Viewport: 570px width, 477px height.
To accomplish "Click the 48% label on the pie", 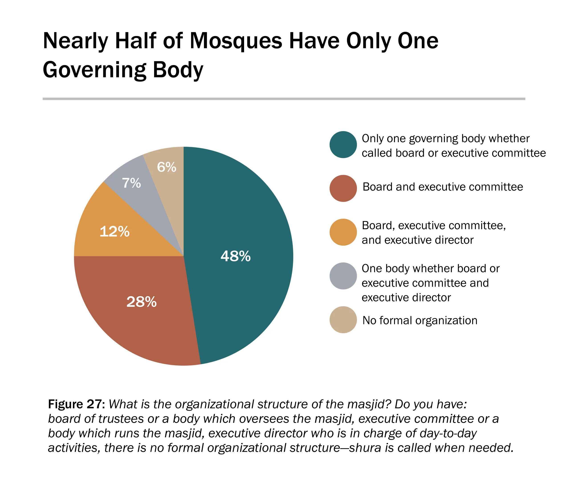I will click(x=235, y=256).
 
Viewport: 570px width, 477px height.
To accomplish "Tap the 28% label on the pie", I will click(x=141, y=302).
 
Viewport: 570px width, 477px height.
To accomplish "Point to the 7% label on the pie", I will click(x=131, y=183).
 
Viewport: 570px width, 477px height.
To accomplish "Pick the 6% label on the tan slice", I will click(x=167, y=167).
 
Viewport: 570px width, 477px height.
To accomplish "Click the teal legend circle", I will click(x=343, y=145).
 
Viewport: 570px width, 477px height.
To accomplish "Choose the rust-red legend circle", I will click(x=343, y=188).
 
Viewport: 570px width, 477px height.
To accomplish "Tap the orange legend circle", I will click(x=343, y=232).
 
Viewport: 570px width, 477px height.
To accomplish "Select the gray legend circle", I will click(x=343, y=276).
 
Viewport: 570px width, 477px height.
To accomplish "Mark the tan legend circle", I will click(x=343, y=320).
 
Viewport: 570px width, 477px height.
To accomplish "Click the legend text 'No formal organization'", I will click(x=420, y=321).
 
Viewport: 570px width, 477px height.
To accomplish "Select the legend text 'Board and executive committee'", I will click(x=443, y=187).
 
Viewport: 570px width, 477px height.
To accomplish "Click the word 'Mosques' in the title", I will click(x=236, y=41).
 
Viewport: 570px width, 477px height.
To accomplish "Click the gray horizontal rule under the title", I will click(x=284, y=99).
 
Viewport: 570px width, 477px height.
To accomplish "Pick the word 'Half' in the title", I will click(x=135, y=41).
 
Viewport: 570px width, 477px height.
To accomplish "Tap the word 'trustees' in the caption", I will click(x=121, y=419).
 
